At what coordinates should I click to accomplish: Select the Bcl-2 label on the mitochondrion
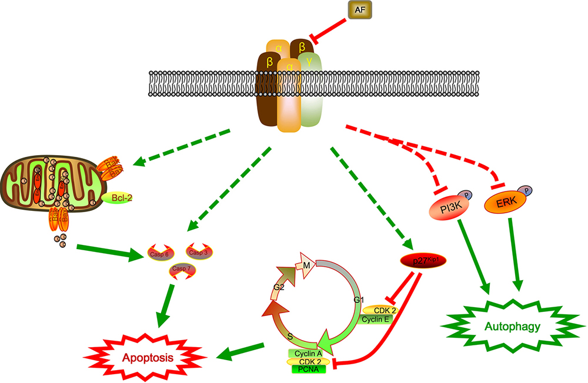pos(117,199)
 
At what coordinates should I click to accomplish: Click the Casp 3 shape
pos(199,252)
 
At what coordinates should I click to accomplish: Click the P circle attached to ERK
pos(526,190)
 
